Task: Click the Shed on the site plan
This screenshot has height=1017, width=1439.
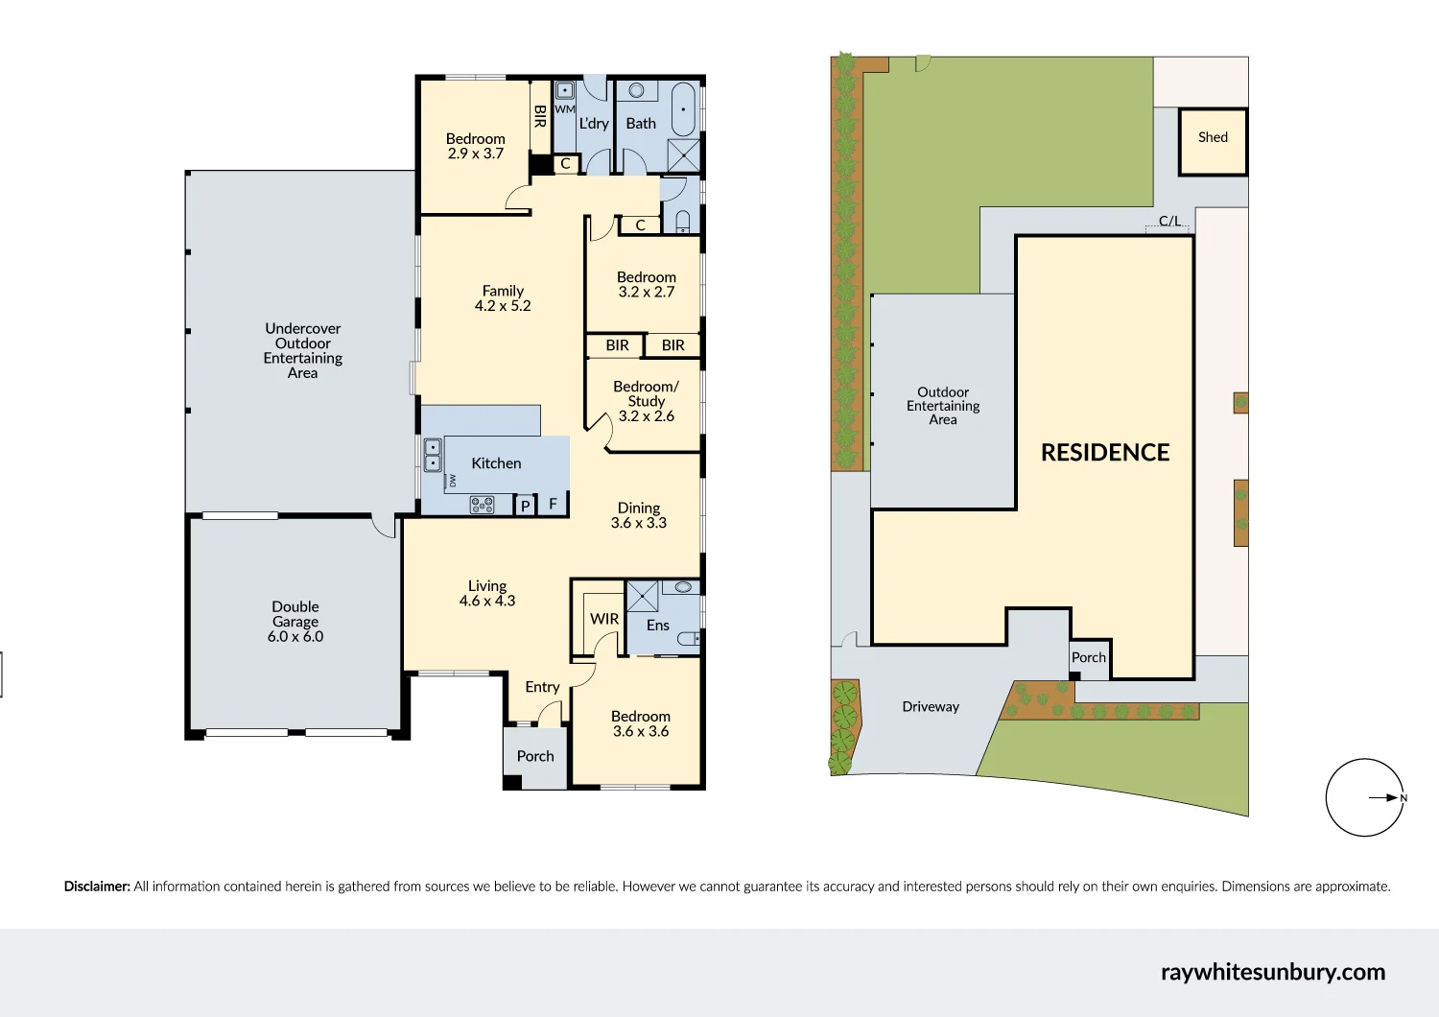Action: click(1213, 141)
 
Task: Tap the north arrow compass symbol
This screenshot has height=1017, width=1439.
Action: click(1364, 797)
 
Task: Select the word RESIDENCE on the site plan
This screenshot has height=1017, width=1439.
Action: click(1105, 453)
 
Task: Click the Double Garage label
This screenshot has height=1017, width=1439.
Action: click(295, 622)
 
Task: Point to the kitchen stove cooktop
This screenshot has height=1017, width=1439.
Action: click(482, 505)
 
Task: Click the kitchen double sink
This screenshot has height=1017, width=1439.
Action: click(433, 455)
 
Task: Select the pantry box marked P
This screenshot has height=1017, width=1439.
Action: click(525, 506)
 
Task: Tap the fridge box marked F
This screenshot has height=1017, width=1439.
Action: click(553, 504)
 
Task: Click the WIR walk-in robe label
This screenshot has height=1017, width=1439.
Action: click(604, 619)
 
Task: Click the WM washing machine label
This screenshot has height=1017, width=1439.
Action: click(565, 109)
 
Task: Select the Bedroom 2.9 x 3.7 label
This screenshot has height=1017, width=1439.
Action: click(475, 146)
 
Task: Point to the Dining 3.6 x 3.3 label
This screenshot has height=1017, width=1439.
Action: click(639, 515)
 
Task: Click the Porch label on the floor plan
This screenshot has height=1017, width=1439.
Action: click(535, 756)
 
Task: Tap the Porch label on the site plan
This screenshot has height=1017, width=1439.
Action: click(1089, 657)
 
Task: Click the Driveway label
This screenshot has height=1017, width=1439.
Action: click(931, 707)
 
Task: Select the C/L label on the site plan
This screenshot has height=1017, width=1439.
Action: click(1169, 221)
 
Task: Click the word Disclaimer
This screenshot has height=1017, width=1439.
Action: click(97, 887)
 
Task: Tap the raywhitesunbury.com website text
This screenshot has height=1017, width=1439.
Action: click(1272, 972)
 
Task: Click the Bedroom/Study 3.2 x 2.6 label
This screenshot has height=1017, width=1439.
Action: click(646, 401)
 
